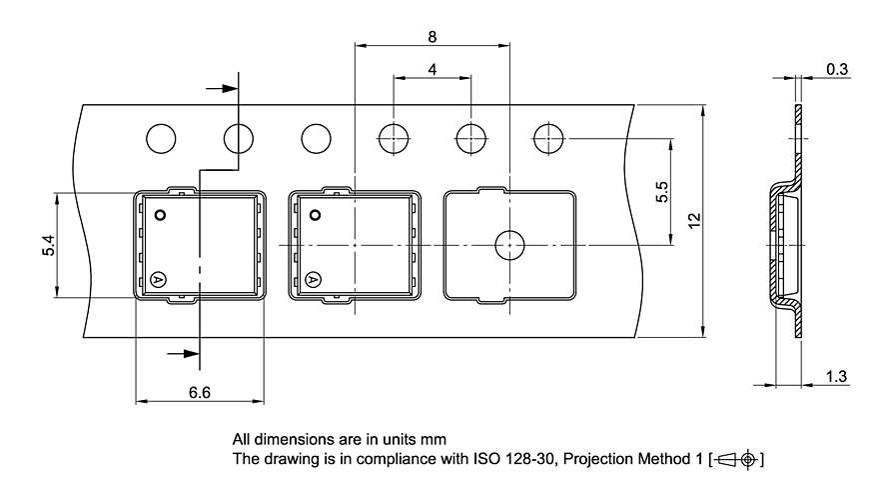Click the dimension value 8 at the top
click(x=432, y=37)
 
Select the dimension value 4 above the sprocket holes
click(x=432, y=70)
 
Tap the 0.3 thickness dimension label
click(x=837, y=70)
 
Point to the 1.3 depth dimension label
click(x=836, y=376)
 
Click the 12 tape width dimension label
click(x=694, y=220)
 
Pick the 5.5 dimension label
click(x=662, y=191)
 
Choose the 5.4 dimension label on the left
click(x=49, y=245)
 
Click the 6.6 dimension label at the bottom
click(x=199, y=392)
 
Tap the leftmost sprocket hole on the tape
click(x=161, y=139)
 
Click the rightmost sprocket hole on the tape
click(x=548, y=139)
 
